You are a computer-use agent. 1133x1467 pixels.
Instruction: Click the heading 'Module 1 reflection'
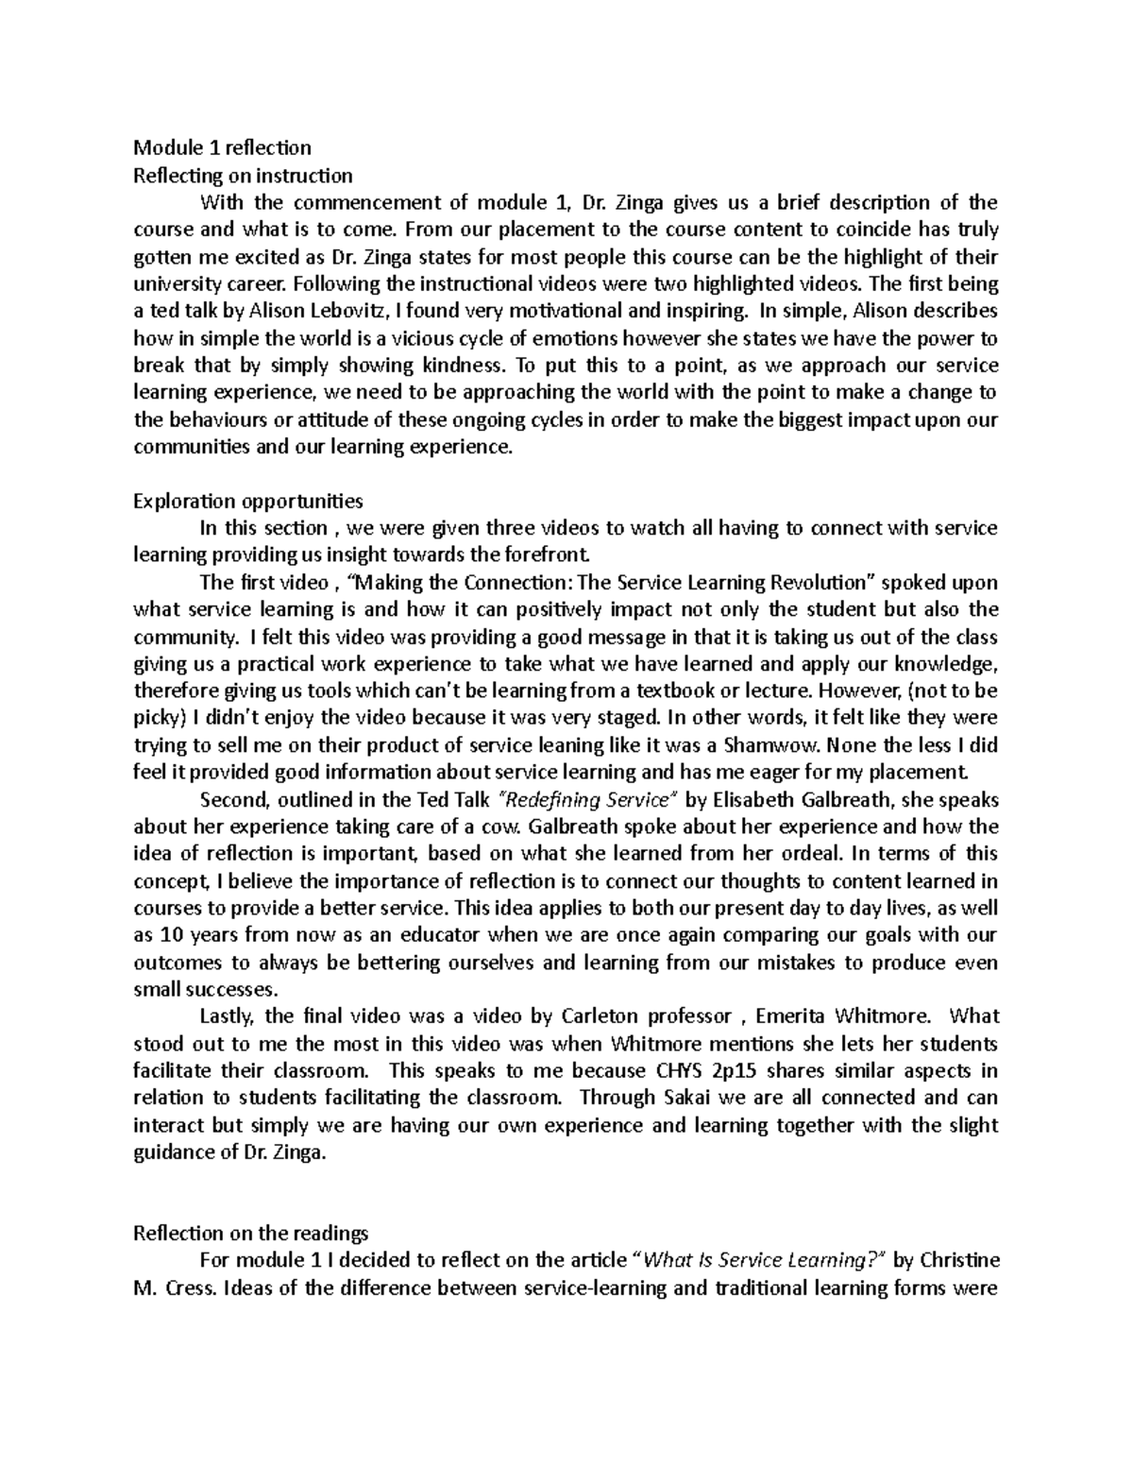pyautogui.click(x=222, y=147)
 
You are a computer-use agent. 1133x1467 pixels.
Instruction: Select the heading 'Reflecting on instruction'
pyautogui.click(x=243, y=175)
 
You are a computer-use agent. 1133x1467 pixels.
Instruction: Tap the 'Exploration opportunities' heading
pyautogui.click(x=247, y=501)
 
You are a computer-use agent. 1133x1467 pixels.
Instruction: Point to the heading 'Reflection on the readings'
pyautogui.click(x=250, y=1234)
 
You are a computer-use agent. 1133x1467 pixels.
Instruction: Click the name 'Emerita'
pyautogui.click(x=794, y=1017)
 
